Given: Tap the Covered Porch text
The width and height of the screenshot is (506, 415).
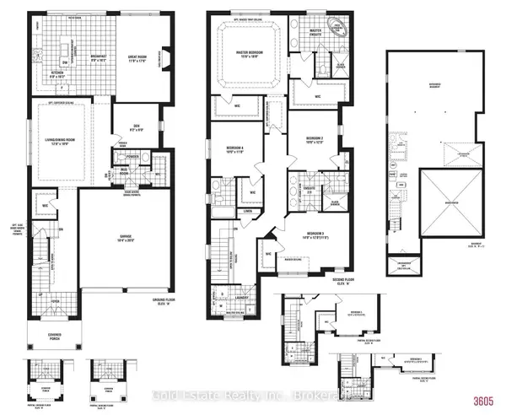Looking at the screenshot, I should [53, 342].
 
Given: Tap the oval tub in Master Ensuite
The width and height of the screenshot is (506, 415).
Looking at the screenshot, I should [341, 27].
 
